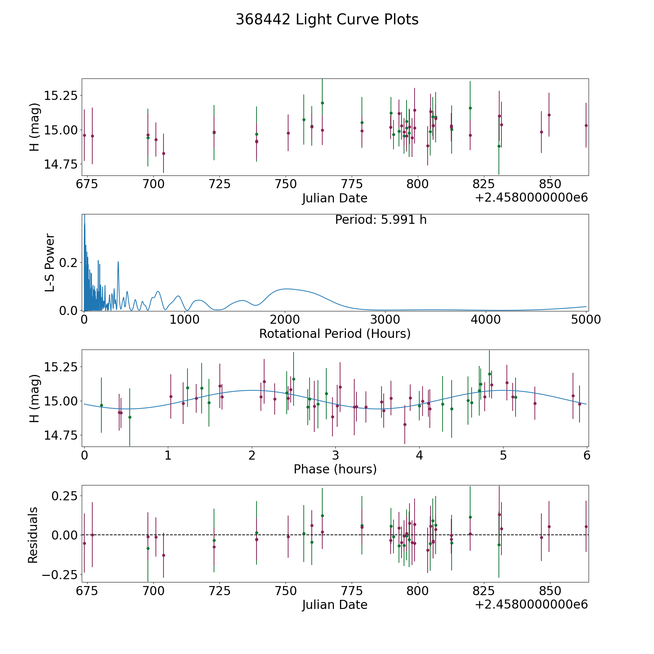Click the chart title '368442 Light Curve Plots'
(x=327, y=20)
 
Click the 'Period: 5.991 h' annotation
(x=381, y=220)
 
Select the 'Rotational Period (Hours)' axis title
(x=335, y=334)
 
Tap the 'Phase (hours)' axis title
(x=335, y=469)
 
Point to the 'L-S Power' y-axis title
(x=50, y=263)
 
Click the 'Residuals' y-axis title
(x=33, y=535)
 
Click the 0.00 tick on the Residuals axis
(x=65, y=535)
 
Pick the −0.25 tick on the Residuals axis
(x=60, y=574)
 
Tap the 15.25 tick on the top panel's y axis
(x=61, y=96)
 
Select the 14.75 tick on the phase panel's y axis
(x=61, y=435)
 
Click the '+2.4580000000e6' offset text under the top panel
(x=531, y=198)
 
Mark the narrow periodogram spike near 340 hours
(x=118, y=262)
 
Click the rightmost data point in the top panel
(x=586, y=125)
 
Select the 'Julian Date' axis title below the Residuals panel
(x=335, y=605)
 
